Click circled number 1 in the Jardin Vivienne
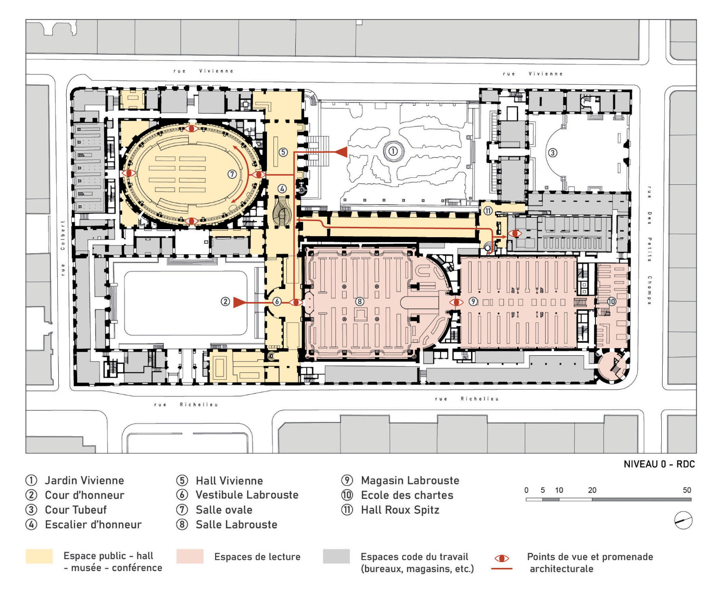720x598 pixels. (x=393, y=150)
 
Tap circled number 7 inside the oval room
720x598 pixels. (x=232, y=174)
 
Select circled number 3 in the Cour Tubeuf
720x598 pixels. (x=552, y=152)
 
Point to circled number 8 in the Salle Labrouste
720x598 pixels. (x=360, y=301)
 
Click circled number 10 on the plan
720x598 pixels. (x=611, y=301)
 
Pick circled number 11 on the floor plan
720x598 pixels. (x=488, y=211)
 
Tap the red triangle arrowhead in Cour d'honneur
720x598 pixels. (x=239, y=301)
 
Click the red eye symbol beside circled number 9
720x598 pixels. (x=456, y=302)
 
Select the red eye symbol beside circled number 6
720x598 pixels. (x=296, y=302)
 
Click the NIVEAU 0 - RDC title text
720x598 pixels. (x=659, y=464)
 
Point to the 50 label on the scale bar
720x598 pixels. (x=687, y=490)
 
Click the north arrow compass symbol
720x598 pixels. (x=683, y=520)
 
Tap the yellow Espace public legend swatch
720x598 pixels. (x=39, y=556)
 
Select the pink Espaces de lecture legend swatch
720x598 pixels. (x=190, y=556)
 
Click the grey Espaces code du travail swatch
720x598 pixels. (x=336, y=556)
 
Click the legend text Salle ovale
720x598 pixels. (x=224, y=510)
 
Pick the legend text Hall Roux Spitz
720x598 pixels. (x=400, y=510)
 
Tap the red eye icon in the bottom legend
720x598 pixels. (x=501, y=559)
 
